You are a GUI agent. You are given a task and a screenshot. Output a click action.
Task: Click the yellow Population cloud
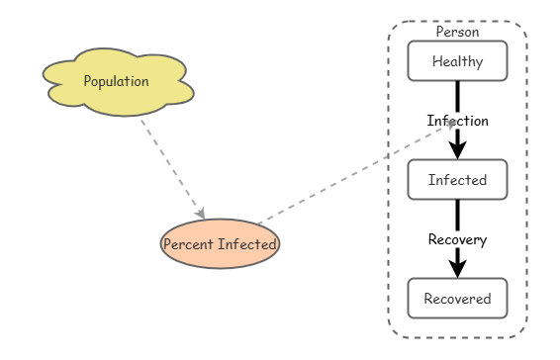coord(118,82)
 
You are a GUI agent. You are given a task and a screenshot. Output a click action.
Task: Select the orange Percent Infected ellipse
coord(220,243)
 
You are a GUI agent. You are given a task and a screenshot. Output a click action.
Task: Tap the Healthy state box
coord(457,60)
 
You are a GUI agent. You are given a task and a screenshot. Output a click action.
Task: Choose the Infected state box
coord(457,179)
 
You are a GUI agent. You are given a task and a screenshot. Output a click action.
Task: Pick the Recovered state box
coord(457,299)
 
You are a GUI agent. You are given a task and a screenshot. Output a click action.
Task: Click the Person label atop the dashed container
coord(457,32)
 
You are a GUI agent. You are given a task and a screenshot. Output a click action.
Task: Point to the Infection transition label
coord(457,121)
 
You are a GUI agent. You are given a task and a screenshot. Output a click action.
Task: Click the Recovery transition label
coord(457,239)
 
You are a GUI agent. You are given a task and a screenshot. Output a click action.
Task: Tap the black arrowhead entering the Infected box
coord(457,150)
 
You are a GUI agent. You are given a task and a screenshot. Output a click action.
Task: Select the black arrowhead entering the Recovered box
coord(457,269)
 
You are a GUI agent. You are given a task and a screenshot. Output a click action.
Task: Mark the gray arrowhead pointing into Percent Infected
coord(201,214)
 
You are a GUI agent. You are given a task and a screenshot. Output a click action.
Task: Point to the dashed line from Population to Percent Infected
coord(173,169)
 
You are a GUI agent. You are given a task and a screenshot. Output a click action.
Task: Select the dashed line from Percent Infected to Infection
coord(356,172)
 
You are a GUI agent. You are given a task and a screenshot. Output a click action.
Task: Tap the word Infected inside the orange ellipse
coord(247,244)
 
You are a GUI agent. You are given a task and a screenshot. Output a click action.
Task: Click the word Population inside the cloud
coord(117,81)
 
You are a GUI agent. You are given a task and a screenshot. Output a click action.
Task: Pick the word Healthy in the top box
coord(457,61)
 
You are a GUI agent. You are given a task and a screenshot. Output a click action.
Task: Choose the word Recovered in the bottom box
coord(457,299)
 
